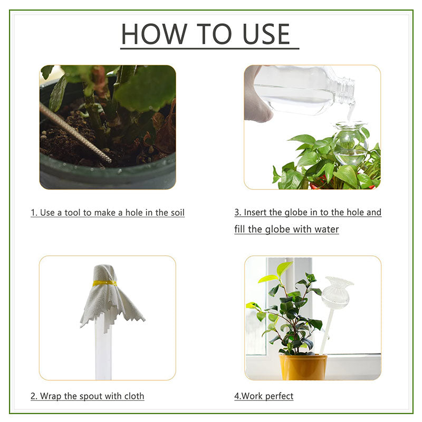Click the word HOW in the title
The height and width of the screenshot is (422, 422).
[154, 34]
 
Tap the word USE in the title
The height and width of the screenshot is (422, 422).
[266, 34]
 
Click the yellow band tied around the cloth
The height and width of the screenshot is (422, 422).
[105, 283]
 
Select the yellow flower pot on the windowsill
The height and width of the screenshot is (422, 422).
[303, 367]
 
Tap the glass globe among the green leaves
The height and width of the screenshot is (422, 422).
[350, 142]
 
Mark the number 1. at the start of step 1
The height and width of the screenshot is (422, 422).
[34, 213]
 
